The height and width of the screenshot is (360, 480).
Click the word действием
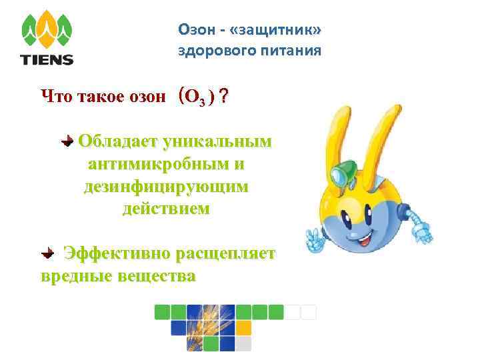pyautogui.click(x=165, y=209)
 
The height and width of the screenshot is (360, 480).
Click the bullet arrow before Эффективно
pyautogui.click(x=48, y=253)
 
